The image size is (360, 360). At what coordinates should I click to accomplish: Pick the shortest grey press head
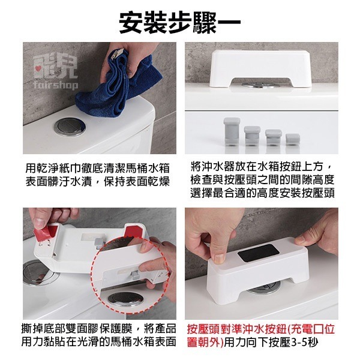click(293, 141)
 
